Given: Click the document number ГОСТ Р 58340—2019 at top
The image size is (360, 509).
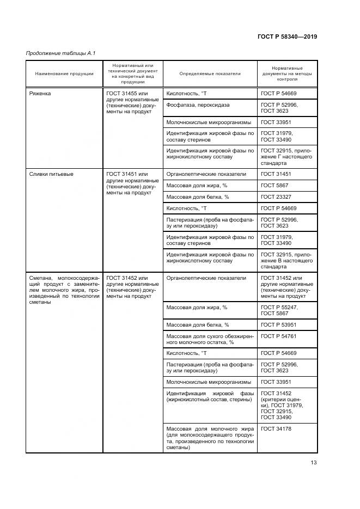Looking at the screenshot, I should pyautogui.click(x=287, y=37).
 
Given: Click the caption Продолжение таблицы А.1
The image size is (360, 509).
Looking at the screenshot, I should pyautogui.click(x=53, y=53).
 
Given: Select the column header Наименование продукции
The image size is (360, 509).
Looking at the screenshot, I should pyautogui.click(x=64, y=73).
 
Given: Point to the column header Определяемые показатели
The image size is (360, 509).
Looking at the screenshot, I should pyautogui.click(x=210, y=73).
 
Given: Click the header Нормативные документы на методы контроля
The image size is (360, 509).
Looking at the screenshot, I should pyautogui.click(x=287, y=73).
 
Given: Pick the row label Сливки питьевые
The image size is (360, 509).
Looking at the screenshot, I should pyautogui.click(x=51, y=174).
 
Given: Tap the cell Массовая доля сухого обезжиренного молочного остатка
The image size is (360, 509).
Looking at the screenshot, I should pyautogui.click(x=210, y=340).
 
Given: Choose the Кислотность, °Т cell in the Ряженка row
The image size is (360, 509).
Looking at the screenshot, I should pyautogui.click(x=187, y=94).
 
